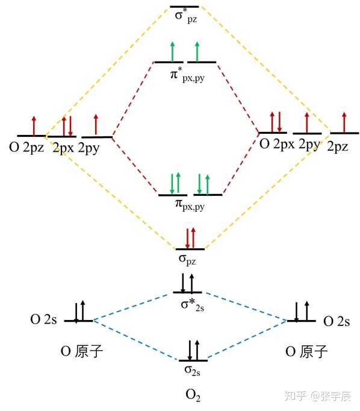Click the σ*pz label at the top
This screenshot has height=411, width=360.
coord(186,16)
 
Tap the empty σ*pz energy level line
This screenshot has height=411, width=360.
coord(184,7)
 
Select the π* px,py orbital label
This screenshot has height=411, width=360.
coord(187,75)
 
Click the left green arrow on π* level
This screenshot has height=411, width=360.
coord(172,52)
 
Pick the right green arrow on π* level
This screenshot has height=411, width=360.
coord(197,52)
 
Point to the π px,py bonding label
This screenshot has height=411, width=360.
coord(190,205)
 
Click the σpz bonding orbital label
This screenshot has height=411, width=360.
coord(187,260)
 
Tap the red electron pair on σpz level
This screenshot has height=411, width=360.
coord(190,238)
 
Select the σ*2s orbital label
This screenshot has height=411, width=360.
coord(193,305)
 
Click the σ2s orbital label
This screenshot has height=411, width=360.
coord(193,370)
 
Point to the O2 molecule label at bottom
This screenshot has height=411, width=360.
coord(193,395)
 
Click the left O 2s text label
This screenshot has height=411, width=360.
coord(43,319)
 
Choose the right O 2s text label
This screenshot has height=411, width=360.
coord(337,321)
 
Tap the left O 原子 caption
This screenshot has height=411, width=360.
coord(81,351)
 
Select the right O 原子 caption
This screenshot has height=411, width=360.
coord(306,351)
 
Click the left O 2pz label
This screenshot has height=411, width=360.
coord(26,148)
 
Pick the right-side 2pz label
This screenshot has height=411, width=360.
coord(338,146)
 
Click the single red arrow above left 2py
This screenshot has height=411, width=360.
coord(96,125)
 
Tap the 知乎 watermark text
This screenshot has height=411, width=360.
coord(296,396)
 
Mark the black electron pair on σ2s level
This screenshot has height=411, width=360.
coord(193,350)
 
